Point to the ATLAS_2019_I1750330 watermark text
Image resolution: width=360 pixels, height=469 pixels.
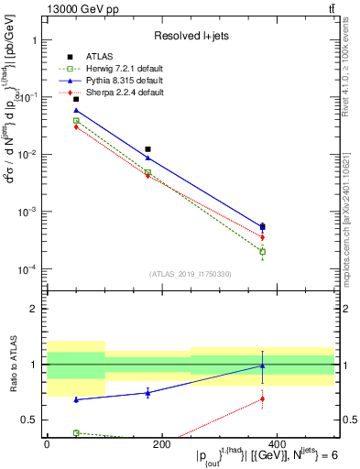pos(190,273)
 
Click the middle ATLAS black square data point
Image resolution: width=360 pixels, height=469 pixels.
pos(147,148)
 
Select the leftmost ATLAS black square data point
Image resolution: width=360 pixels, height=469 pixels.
pos(76,99)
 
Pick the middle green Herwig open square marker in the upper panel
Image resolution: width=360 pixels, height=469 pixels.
pos(147,172)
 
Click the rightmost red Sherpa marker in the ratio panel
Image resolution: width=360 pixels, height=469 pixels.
pos(263,398)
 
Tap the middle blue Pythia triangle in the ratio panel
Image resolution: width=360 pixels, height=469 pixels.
pos(147,393)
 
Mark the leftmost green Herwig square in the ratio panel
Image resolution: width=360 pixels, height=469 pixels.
pos(76,432)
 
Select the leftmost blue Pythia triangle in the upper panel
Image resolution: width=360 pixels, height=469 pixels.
pos(76,110)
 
